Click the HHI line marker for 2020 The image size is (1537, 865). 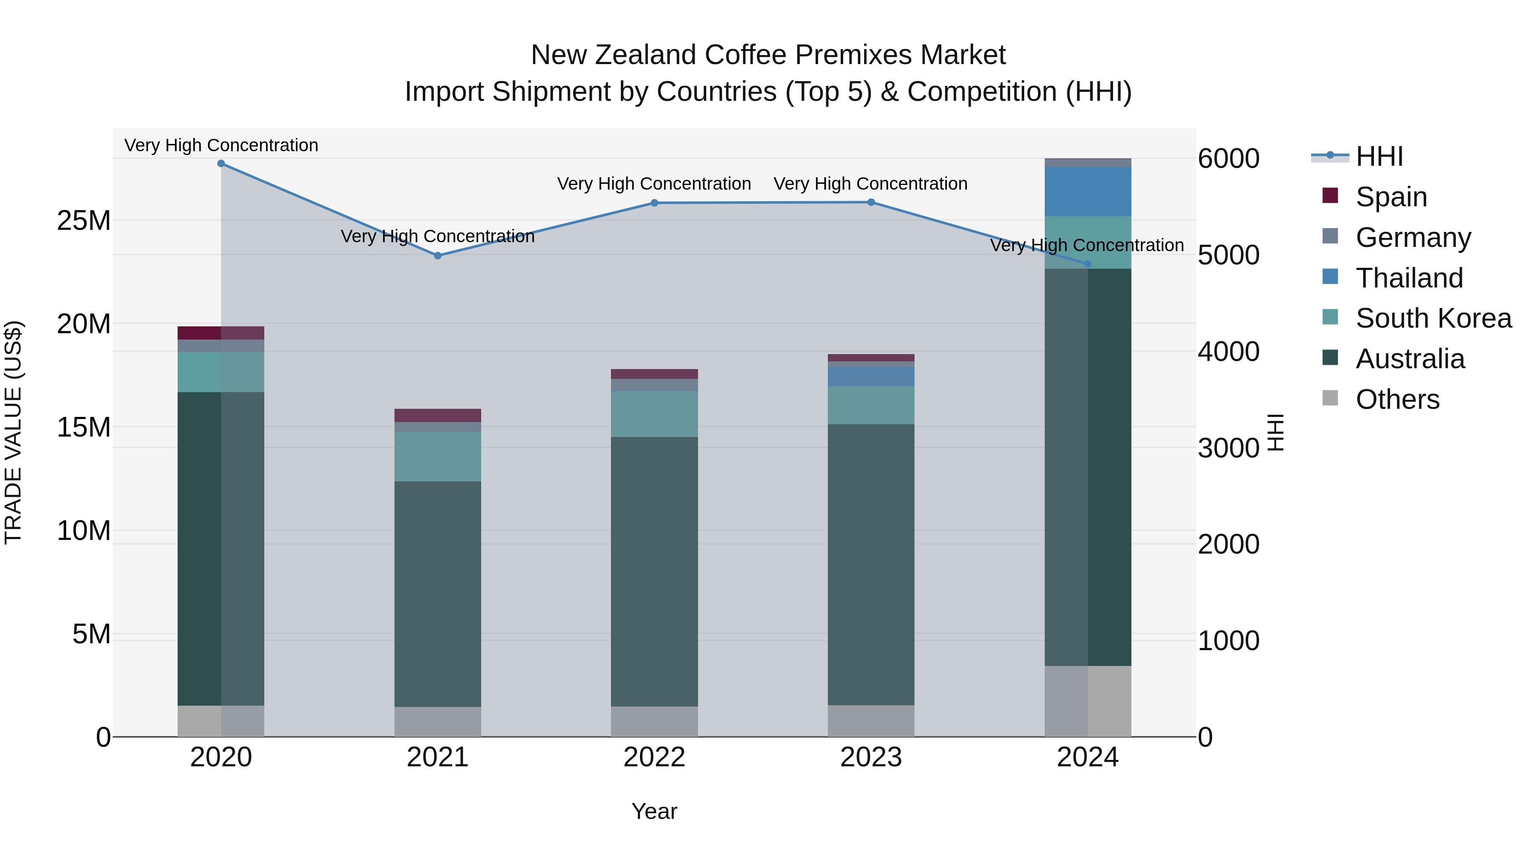221,164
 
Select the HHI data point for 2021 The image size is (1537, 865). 437,255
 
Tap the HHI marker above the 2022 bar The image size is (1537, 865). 654,203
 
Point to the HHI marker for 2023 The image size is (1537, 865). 871,202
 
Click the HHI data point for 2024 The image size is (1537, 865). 1087,264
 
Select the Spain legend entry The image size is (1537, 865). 1391,197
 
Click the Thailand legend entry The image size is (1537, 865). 1409,278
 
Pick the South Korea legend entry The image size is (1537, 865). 1433,318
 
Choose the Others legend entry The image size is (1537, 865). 1397,399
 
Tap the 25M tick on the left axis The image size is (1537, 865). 84,221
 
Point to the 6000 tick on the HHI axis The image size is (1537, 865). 1228,159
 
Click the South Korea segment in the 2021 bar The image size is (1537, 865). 437,457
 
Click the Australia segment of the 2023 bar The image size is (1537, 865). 871,564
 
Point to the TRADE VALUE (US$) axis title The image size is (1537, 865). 13,433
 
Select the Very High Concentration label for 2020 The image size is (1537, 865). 221,146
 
